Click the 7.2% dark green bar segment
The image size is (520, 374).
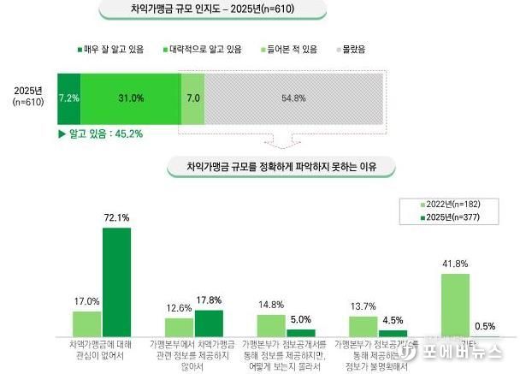(x=68, y=98)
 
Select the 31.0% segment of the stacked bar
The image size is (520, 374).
(x=130, y=98)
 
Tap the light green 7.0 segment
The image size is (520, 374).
(x=193, y=98)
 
